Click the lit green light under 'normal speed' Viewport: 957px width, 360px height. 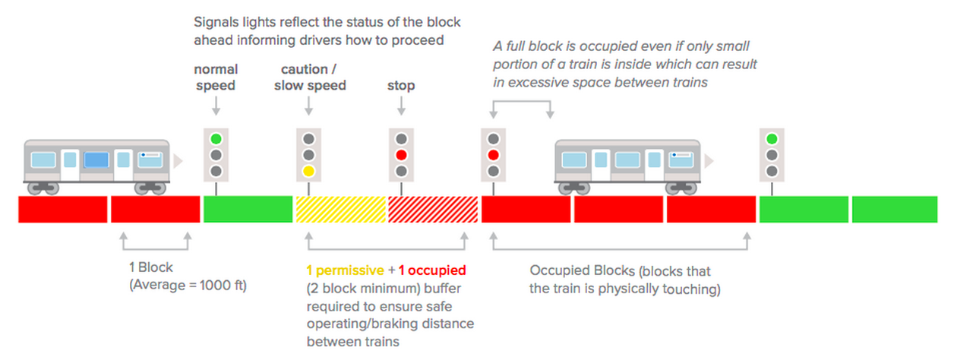point(216,140)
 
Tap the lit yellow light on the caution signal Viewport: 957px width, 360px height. point(308,171)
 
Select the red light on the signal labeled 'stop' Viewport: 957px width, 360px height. point(401,156)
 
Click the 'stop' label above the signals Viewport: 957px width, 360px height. point(401,86)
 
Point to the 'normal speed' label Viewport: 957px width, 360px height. point(216,77)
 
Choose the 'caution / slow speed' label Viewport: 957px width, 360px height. point(310,77)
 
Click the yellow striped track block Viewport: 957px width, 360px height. point(340,209)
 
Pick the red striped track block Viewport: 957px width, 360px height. point(433,209)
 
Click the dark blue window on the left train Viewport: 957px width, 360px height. point(96,159)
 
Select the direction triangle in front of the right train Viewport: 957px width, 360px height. point(710,161)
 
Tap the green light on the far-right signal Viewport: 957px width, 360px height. point(772,139)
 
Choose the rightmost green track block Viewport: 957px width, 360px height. point(895,209)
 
